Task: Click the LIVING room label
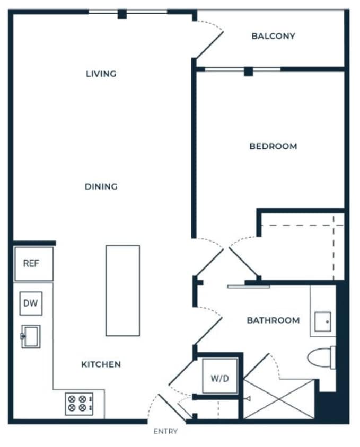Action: [x=101, y=74]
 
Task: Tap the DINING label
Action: [x=101, y=186]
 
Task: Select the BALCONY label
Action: [x=273, y=36]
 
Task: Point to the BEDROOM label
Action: [x=273, y=146]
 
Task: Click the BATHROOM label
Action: [x=273, y=320]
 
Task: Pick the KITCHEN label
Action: [x=101, y=364]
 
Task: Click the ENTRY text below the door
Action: [x=165, y=431]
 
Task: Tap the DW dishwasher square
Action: [x=31, y=303]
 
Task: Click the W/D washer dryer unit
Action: [x=219, y=378]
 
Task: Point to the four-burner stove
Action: [x=78, y=404]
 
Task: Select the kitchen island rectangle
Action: [x=122, y=290]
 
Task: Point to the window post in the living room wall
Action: [x=122, y=14]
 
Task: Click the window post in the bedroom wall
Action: [x=248, y=71]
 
